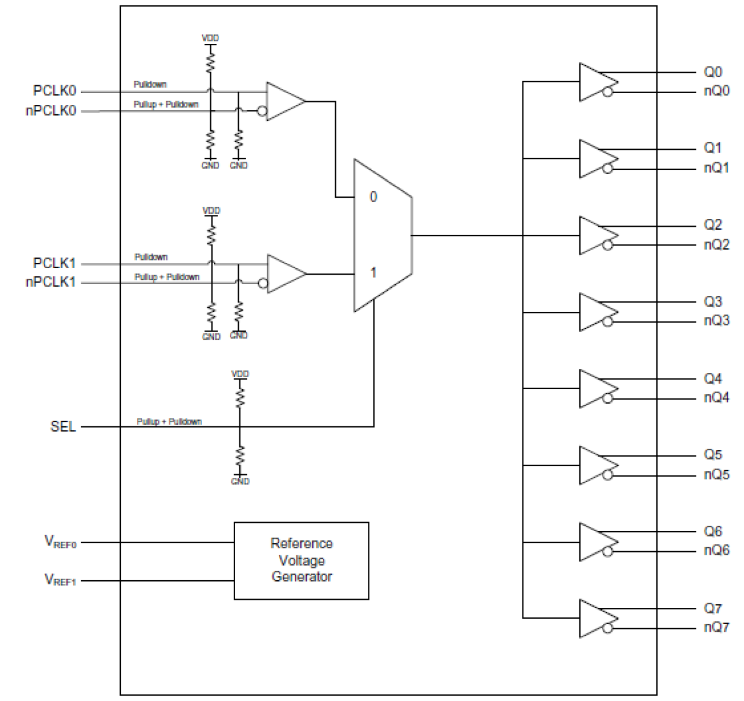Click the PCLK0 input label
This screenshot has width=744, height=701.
[54, 91]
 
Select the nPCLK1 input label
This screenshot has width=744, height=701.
[51, 282]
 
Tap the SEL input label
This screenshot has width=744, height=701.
[63, 426]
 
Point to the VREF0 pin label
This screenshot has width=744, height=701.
[60, 542]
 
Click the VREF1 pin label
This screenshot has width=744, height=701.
[60, 580]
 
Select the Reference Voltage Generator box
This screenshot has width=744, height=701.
[302, 560]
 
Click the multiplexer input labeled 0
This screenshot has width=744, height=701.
[373, 197]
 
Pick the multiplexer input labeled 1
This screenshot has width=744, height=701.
[373, 273]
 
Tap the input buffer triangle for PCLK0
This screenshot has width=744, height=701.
[284, 101]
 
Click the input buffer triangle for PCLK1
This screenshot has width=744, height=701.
[285, 274]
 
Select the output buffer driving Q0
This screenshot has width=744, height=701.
[595, 82]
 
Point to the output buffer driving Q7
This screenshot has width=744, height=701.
[595, 618]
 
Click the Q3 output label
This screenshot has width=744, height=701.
[713, 301]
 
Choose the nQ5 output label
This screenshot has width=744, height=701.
[716, 474]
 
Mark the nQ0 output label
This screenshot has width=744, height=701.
[716, 91]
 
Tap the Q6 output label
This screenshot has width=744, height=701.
[713, 531]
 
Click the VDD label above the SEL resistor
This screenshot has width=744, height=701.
[240, 374]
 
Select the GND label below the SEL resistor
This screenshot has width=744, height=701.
[240, 481]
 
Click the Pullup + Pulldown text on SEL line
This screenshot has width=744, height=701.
[169, 422]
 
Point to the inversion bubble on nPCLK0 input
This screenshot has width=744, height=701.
[262, 111]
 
